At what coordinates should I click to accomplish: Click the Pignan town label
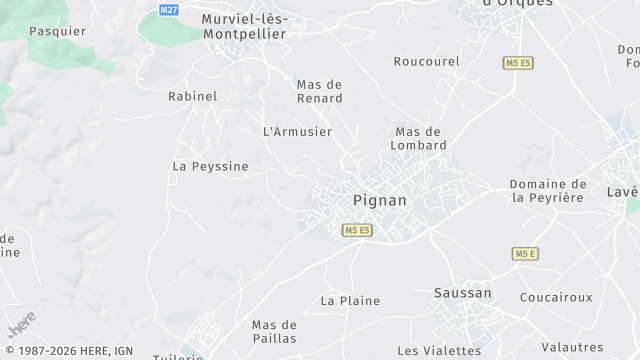(380, 201)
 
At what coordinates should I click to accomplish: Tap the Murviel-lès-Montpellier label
(243, 26)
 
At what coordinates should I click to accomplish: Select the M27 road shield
(168, 8)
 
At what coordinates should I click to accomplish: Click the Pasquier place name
(57, 31)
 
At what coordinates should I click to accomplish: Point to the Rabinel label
(192, 97)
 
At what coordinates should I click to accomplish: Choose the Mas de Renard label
(320, 91)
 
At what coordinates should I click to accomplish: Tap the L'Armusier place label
(297, 132)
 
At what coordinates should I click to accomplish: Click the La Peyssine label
(210, 166)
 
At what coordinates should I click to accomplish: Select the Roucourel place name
(426, 62)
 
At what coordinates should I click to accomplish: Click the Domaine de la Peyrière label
(548, 191)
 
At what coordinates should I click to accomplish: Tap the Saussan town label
(462, 293)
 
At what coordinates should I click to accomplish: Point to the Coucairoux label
(556, 297)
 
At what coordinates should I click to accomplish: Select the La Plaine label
(350, 300)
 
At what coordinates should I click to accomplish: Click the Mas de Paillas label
(274, 331)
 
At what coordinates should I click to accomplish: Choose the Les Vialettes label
(439, 351)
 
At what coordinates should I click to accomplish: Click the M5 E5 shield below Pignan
(357, 230)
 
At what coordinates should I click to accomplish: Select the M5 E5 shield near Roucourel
(517, 63)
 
